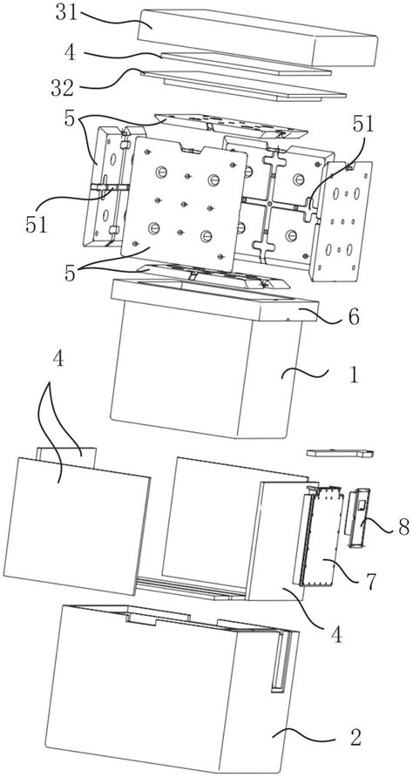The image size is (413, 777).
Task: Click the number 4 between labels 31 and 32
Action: click(70, 52)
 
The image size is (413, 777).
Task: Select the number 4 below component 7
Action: click(336, 634)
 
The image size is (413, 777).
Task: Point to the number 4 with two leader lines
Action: click(58, 359)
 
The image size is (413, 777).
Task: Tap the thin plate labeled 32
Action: click(243, 84)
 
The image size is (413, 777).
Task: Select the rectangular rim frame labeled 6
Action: click(214, 300)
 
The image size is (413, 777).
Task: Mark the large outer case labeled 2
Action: click(171, 689)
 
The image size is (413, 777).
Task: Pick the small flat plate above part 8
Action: click(340, 453)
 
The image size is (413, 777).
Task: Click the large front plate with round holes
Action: click(185, 204)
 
